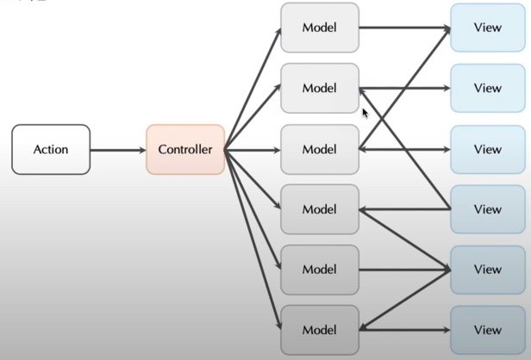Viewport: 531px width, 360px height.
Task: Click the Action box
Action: click(51, 149)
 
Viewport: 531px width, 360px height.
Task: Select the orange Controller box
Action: click(185, 149)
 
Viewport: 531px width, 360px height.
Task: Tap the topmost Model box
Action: click(319, 28)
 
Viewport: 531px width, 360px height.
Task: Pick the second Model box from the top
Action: click(319, 88)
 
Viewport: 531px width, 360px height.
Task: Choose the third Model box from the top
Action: click(319, 149)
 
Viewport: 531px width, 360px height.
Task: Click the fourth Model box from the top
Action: click(319, 209)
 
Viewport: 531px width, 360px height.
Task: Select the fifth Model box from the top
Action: click(319, 270)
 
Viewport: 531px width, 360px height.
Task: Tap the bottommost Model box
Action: click(319, 329)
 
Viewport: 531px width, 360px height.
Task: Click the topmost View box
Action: click(487, 28)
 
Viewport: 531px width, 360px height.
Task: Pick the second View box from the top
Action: click(487, 88)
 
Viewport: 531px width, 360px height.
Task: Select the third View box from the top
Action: click(487, 149)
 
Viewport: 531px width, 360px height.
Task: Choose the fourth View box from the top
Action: click(487, 209)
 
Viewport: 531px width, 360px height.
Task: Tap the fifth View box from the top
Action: click(487, 270)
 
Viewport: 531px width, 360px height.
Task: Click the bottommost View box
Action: click(487, 329)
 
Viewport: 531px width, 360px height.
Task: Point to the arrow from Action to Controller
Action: click(118, 150)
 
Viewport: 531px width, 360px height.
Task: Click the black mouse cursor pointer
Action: click(365, 112)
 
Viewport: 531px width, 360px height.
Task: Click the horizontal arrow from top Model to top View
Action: click(403, 28)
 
